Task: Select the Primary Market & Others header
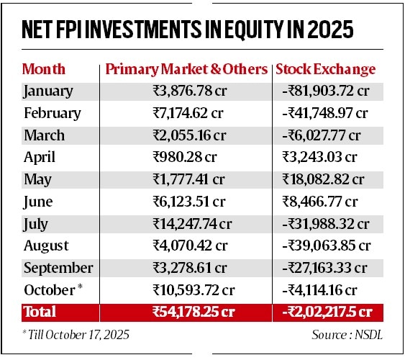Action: click(186, 70)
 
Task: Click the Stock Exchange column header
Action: click(326, 70)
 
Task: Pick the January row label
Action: click(48, 91)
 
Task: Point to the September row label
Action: click(58, 269)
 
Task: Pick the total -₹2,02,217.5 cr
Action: click(325, 312)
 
